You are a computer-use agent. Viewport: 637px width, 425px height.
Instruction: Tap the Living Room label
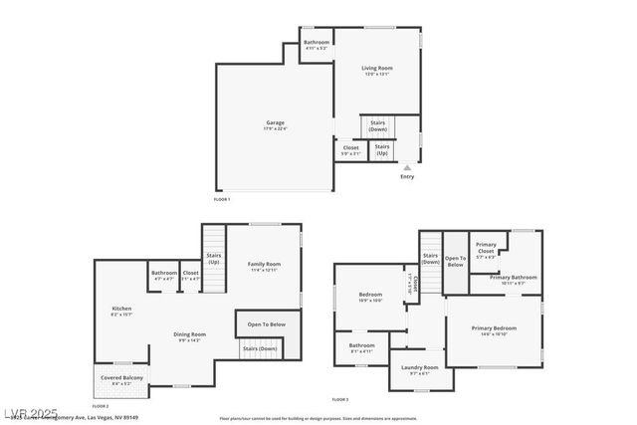coord(377,70)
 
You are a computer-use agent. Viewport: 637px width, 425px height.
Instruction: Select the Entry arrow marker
coord(406,167)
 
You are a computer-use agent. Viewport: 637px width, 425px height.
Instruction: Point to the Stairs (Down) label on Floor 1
coord(378,126)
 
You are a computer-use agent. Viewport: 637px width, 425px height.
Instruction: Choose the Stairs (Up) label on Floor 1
coord(382,149)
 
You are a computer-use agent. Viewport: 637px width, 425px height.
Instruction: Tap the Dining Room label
coord(189,336)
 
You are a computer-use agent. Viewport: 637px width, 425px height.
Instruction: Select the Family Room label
coord(264,266)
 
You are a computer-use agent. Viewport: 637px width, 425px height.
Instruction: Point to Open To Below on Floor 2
coord(267,324)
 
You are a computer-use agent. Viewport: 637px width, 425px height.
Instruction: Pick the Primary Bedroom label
coord(494,330)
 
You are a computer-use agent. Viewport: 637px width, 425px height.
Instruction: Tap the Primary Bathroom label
coord(514,280)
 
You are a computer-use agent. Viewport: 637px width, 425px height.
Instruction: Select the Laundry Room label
coord(419,369)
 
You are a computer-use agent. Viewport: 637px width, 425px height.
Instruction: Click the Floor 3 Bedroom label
coord(370,297)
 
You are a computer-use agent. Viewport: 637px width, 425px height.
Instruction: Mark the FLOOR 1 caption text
coord(222,200)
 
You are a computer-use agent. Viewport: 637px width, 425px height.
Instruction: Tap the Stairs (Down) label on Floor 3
coord(431,259)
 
